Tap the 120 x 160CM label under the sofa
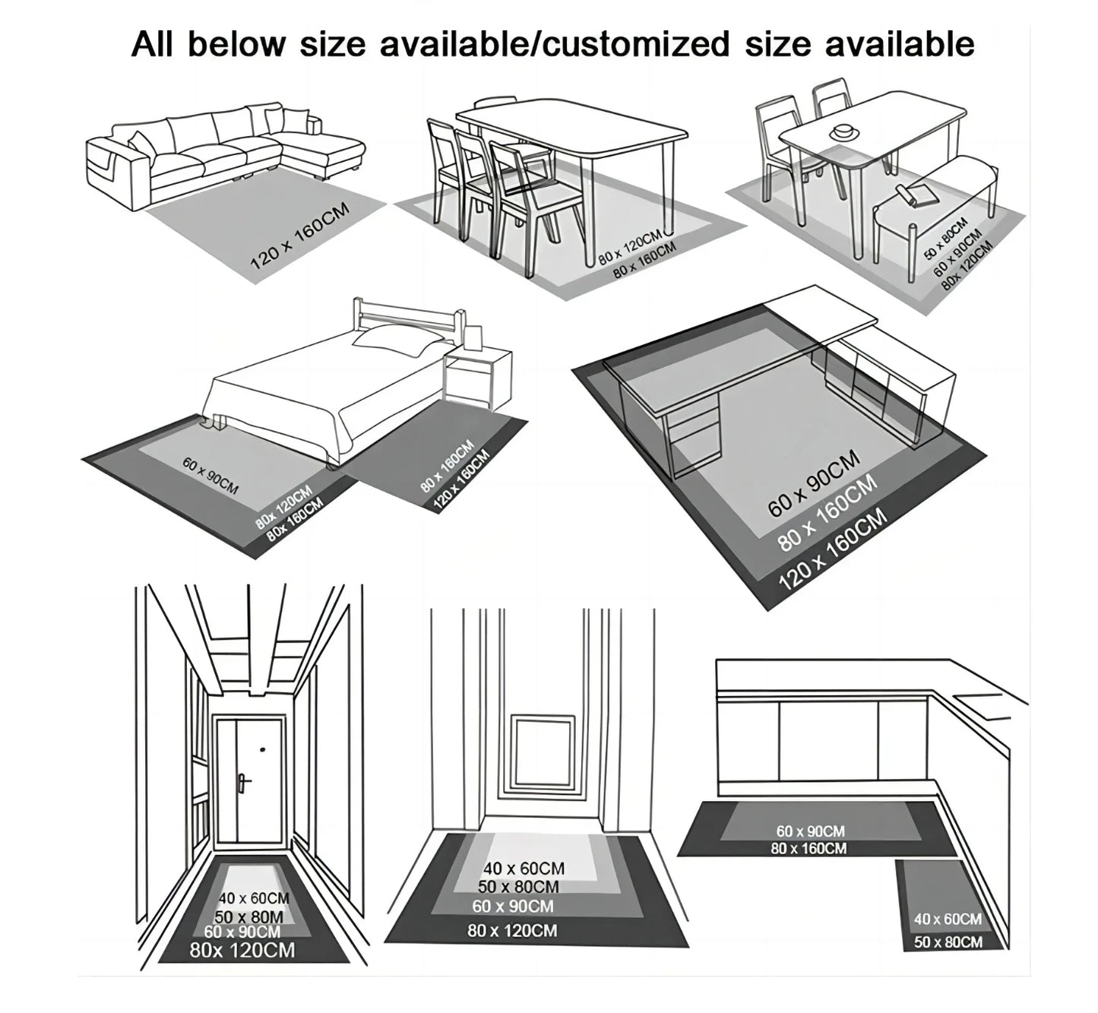pyautogui.click(x=299, y=236)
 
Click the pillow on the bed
pyautogui.click(x=396, y=337)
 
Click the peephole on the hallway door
pyautogui.click(x=263, y=750)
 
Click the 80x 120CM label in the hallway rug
pyautogui.click(x=242, y=950)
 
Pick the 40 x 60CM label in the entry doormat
pyautogui.click(x=524, y=868)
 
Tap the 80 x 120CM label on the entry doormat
pyautogui.click(x=512, y=931)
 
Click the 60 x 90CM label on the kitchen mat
pyautogui.click(x=810, y=831)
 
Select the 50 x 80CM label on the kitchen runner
pyautogui.click(x=948, y=942)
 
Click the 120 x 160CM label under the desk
pyautogui.click(x=833, y=549)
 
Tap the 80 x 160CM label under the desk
pyautogui.click(x=828, y=513)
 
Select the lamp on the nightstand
pyautogui.click(x=473, y=337)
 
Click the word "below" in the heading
pyautogui.click(x=237, y=43)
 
